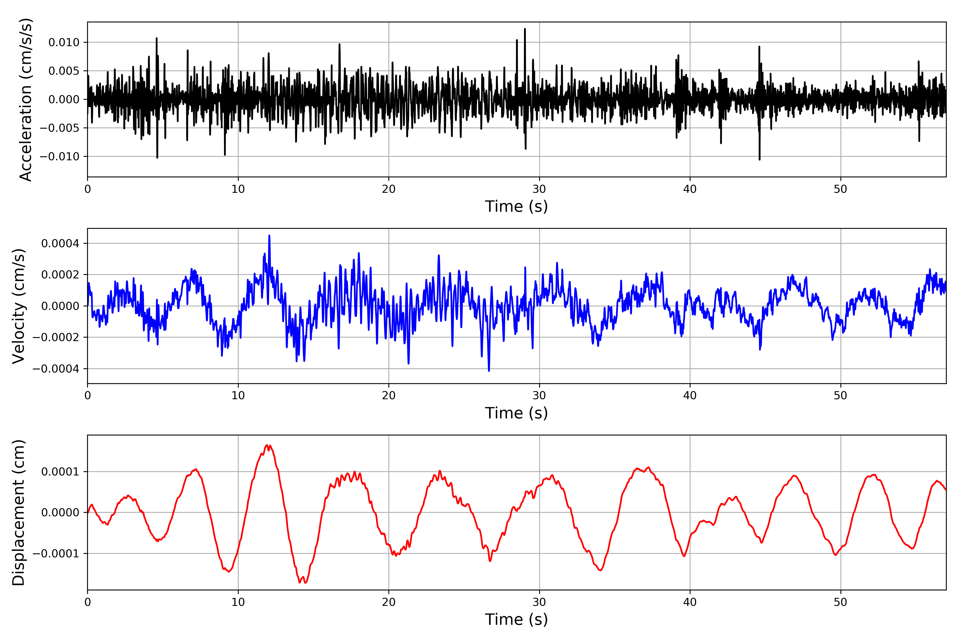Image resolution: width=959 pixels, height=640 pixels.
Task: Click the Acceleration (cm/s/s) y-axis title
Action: [25, 99]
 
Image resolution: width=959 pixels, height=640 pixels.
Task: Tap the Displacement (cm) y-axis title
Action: [18, 513]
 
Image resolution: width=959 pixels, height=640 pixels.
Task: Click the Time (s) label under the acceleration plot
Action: [516, 206]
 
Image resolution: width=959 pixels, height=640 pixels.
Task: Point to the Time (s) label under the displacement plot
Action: [516, 619]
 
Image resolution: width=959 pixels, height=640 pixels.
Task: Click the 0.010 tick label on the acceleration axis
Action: [64, 42]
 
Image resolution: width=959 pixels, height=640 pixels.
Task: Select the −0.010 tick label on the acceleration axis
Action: [59, 157]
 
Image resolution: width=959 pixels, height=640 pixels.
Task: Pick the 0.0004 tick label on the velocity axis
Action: [60, 244]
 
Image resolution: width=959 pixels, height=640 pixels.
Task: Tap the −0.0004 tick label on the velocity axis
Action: [56, 369]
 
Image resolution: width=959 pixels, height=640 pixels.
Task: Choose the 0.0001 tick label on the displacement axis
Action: [60, 472]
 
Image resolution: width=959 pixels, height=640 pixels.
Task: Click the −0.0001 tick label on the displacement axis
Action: [56, 554]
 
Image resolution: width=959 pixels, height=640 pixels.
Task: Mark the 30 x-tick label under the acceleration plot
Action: [539, 189]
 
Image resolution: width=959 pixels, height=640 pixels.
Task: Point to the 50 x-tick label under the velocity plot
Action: [840, 395]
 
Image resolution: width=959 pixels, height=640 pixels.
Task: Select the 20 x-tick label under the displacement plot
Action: [389, 602]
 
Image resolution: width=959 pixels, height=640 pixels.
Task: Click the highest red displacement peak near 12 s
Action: [267, 445]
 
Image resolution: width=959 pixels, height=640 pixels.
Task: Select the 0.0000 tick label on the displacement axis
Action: [60, 513]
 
